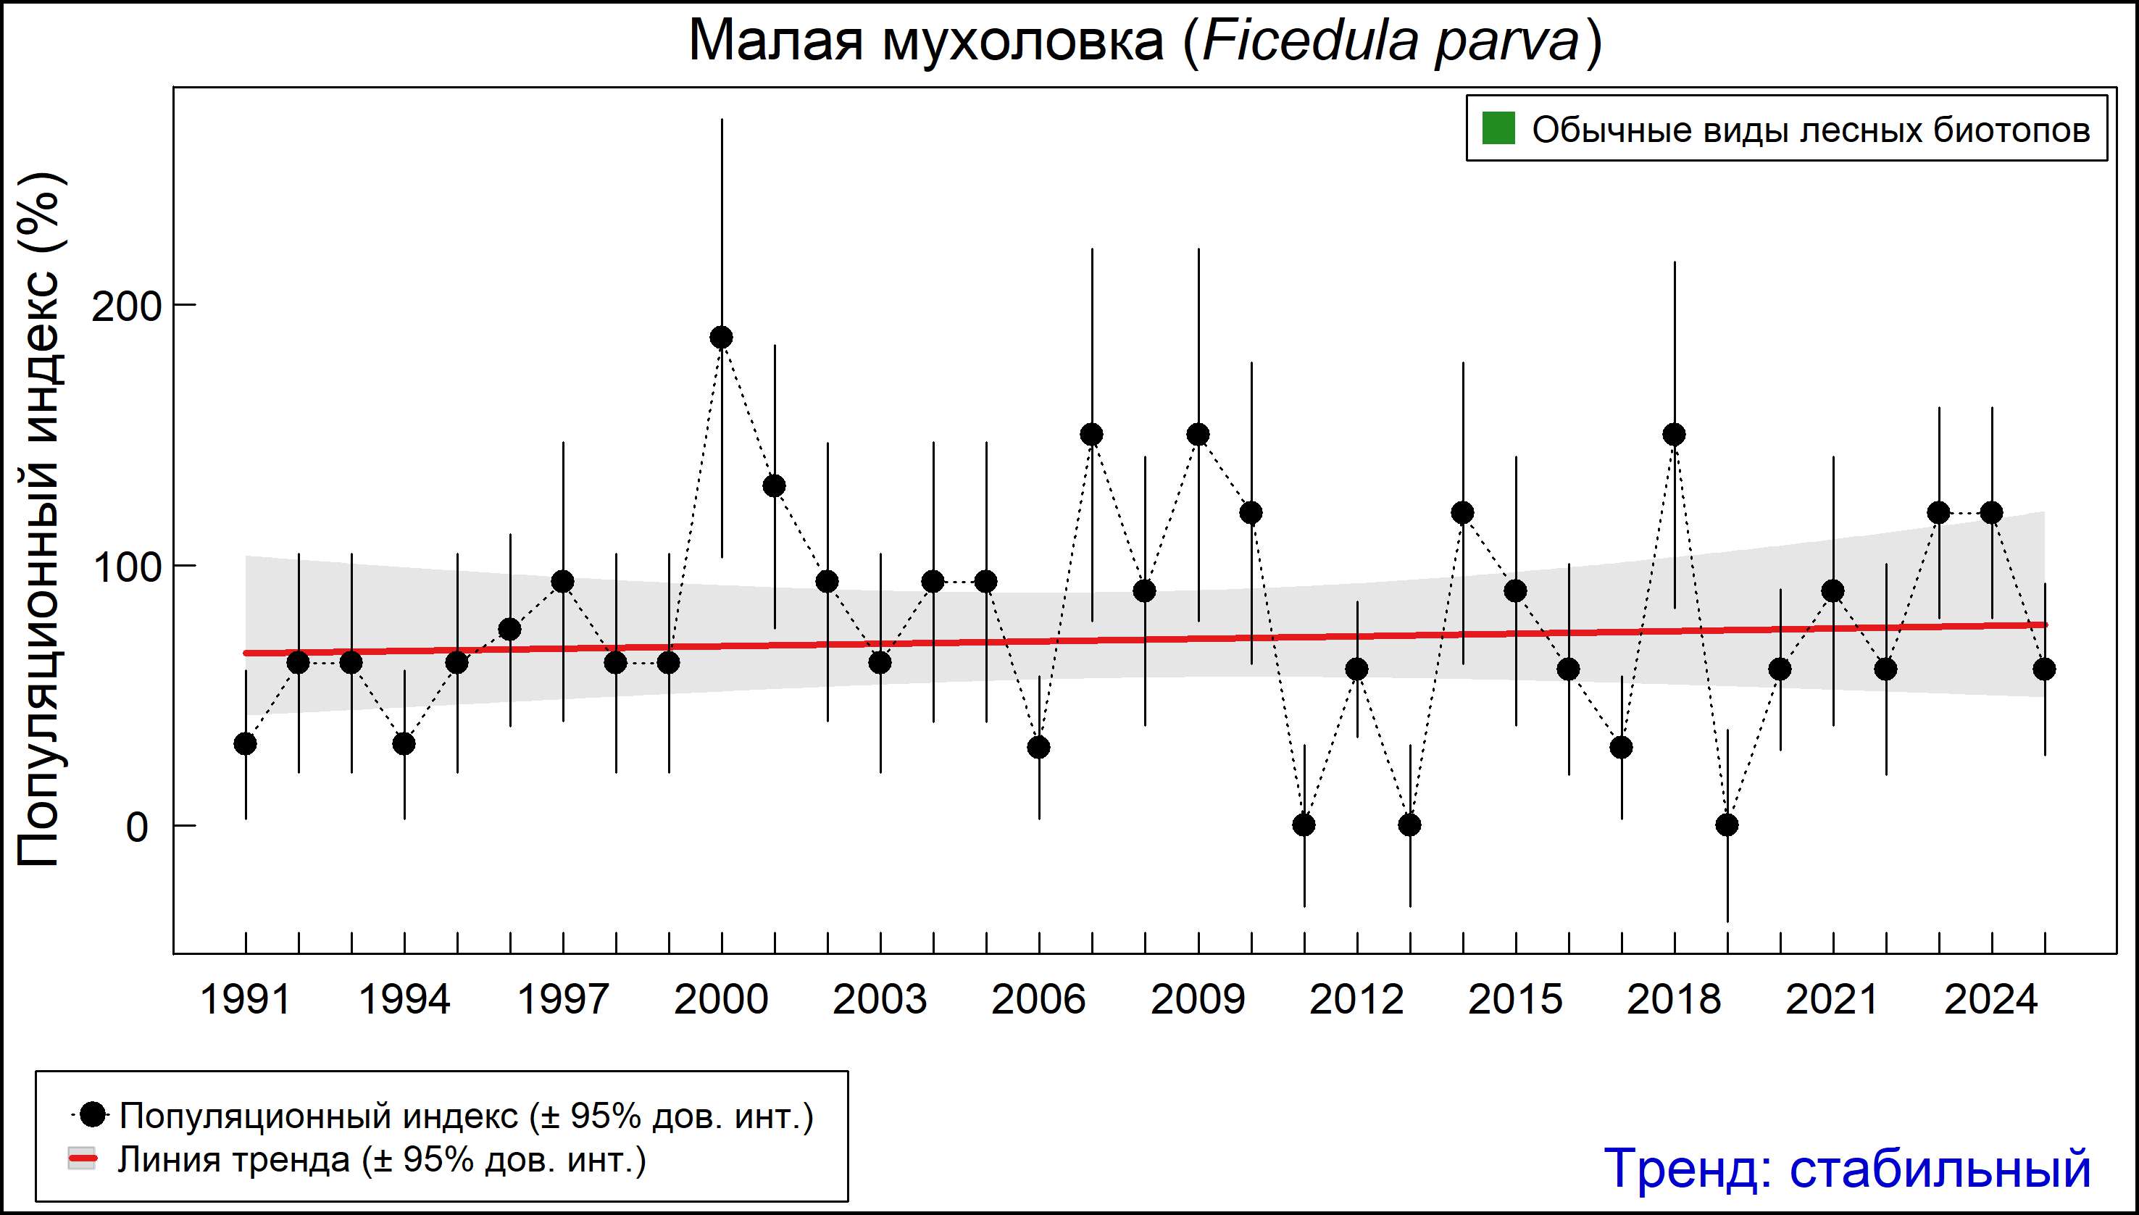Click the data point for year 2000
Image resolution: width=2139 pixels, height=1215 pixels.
click(721, 337)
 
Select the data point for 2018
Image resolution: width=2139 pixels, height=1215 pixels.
click(1674, 434)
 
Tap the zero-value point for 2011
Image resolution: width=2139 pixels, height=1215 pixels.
click(1304, 824)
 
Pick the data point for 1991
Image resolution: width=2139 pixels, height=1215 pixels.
click(246, 743)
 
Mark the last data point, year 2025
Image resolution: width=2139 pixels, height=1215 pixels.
click(2044, 669)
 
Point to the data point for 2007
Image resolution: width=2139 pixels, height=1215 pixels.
click(1092, 434)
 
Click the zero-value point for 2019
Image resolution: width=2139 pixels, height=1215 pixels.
click(1727, 824)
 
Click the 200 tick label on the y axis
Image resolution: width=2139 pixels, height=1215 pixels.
click(125, 307)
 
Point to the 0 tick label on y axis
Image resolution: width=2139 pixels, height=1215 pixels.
click(137, 827)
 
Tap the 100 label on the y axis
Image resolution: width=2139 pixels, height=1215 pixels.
click(125, 567)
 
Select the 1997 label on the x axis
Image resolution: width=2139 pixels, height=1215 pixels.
click(563, 999)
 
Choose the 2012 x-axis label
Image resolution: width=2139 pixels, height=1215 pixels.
click(1356, 999)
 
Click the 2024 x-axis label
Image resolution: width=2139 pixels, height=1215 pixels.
click(1991, 999)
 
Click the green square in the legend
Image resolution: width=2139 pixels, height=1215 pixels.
click(1498, 128)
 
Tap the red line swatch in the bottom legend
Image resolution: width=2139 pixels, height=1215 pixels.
click(82, 1158)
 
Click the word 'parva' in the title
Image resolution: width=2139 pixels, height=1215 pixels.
click(1506, 42)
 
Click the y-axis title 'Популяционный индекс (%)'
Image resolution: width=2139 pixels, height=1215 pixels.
click(39, 519)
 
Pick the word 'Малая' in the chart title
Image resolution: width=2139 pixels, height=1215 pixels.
click(775, 42)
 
